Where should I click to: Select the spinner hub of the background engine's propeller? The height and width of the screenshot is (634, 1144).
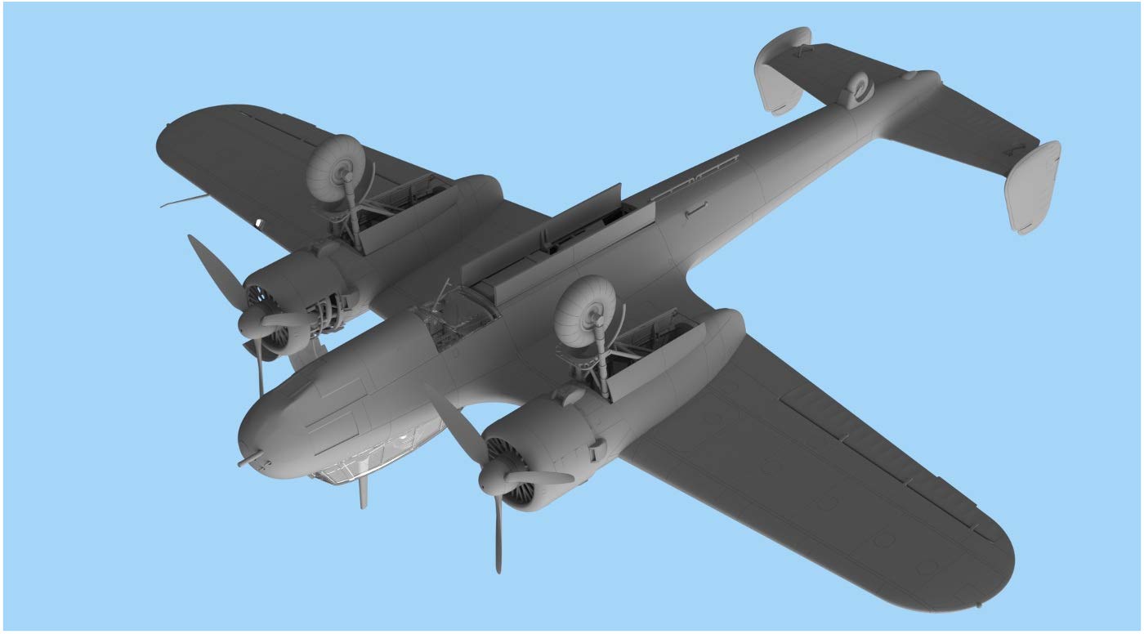tap(252, 324)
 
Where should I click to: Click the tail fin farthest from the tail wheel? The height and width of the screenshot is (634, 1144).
tap(1035, 186)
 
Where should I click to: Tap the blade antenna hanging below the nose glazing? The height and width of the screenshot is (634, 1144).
tap(364, 493)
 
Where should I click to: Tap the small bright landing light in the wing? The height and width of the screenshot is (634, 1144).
tap(260, 222)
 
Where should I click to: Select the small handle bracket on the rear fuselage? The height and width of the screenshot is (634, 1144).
tap(695, 211)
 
